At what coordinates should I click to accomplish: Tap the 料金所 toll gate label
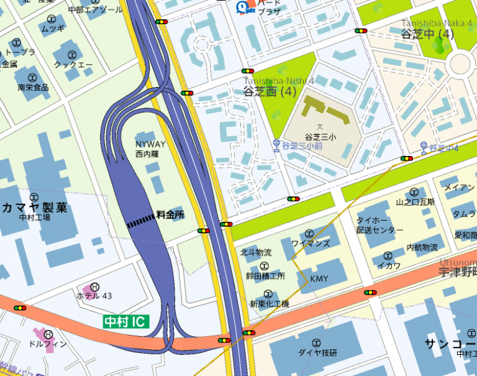tap(170, 214)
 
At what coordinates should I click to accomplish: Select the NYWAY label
tap(150, 144)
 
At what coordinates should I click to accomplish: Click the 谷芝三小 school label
tap(320, 136)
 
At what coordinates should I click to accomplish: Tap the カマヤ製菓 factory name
tap(35, 207)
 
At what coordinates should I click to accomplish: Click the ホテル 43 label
tap(94, 296)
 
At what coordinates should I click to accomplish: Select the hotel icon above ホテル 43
tap(95, 287)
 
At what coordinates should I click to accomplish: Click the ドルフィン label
tap(48, 343)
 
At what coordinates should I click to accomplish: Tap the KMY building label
tap(319, 278)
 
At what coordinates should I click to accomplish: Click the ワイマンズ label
tap(311, 243)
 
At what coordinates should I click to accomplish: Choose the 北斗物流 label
tap(256, 252)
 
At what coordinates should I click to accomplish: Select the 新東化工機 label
tap(269, 304)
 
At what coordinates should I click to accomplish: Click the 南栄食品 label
tap(33, 87)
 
